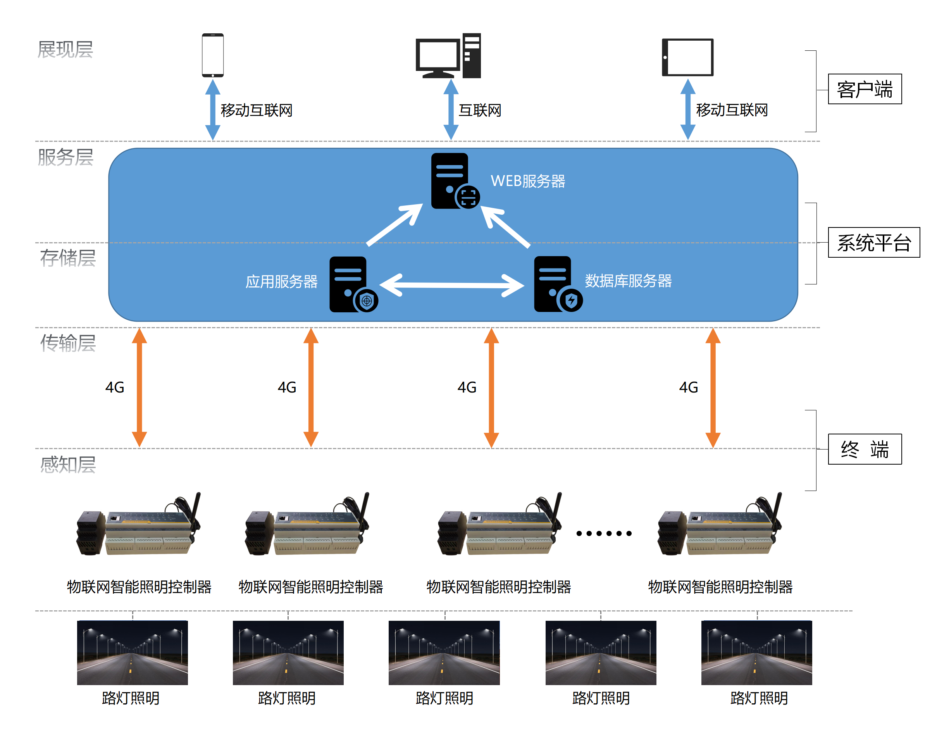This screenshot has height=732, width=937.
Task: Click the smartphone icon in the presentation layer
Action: [x=213, y=55]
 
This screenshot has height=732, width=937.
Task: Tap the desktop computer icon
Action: [x=448, y=56]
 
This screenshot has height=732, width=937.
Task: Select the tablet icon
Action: [x=688, y=57]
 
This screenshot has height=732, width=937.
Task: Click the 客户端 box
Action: [x=865, y=89]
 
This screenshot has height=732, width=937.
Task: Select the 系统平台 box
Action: [x=873, y=243]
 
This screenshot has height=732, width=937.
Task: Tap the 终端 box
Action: [x=865, y=449]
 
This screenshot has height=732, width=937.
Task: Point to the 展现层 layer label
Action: [x=65, y=49]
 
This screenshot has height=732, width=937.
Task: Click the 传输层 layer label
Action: [x=68, y=343]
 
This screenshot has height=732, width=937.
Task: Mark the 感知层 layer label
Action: [x=68, y=465]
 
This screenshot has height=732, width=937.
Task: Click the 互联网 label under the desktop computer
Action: [x=480, y=110]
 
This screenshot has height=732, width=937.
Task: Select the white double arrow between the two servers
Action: [x=452, y=285]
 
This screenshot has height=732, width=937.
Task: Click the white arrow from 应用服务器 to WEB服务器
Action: [x=395, y=224]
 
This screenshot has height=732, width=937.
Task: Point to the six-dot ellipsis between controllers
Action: [x=604, y=533]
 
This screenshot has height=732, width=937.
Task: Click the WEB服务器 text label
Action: [x=528, y=181]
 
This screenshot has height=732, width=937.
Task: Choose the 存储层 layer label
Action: [x=68, y=258]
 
